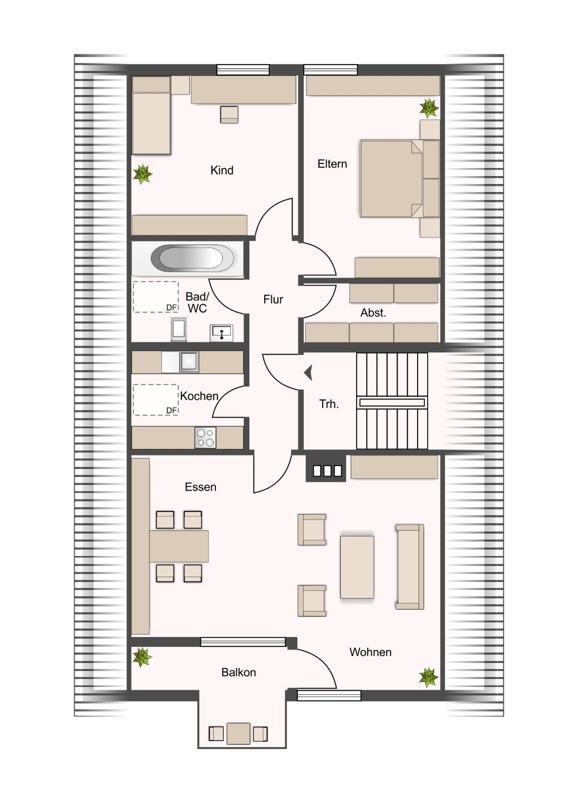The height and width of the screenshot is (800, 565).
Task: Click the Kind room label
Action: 222,170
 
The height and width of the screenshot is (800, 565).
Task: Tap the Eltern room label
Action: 332,164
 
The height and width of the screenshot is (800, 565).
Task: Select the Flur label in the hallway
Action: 273,299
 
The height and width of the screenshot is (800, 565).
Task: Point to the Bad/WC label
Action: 197,303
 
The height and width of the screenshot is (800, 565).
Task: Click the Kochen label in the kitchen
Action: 199,396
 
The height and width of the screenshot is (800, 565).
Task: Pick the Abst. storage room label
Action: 373,313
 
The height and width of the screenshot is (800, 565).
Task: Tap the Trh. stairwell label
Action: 329,404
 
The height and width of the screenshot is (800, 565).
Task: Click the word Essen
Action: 201,487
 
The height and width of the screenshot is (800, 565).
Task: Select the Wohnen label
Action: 371,652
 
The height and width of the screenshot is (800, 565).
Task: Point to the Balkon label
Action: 238,672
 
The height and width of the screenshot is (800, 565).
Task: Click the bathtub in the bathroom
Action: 192,258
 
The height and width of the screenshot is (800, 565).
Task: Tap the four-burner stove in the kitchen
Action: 205,438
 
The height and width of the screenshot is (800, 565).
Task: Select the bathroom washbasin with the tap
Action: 222,333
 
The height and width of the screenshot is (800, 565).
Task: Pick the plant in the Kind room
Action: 142,174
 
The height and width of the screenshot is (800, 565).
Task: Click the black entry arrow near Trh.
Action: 308,373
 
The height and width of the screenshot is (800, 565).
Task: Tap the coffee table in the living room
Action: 357,566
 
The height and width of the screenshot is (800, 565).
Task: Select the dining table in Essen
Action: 179,546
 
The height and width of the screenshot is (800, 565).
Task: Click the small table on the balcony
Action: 238,734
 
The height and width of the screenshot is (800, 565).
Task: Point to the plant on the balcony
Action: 142,657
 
